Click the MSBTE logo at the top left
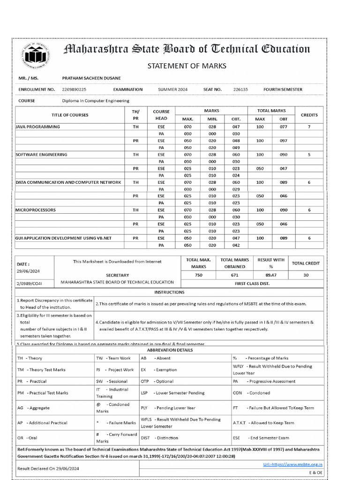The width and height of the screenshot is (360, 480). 36,56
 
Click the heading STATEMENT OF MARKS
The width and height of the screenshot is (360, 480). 187,66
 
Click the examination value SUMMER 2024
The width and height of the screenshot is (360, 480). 172,89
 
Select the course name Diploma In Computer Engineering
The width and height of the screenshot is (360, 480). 96,101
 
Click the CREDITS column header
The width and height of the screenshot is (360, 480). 309,115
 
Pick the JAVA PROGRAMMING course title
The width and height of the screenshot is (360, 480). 38,127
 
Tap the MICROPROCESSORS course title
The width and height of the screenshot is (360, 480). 36,210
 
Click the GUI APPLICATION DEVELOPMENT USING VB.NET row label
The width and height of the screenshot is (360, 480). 64,238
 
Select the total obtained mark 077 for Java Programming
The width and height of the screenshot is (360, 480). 284,127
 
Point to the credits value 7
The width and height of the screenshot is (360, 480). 309,127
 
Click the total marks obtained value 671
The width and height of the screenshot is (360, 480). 234,275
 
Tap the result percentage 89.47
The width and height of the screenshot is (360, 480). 271,275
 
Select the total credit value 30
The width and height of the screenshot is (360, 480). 306,275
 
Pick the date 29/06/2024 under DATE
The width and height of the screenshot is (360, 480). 29,271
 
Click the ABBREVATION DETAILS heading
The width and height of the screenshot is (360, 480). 170,350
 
